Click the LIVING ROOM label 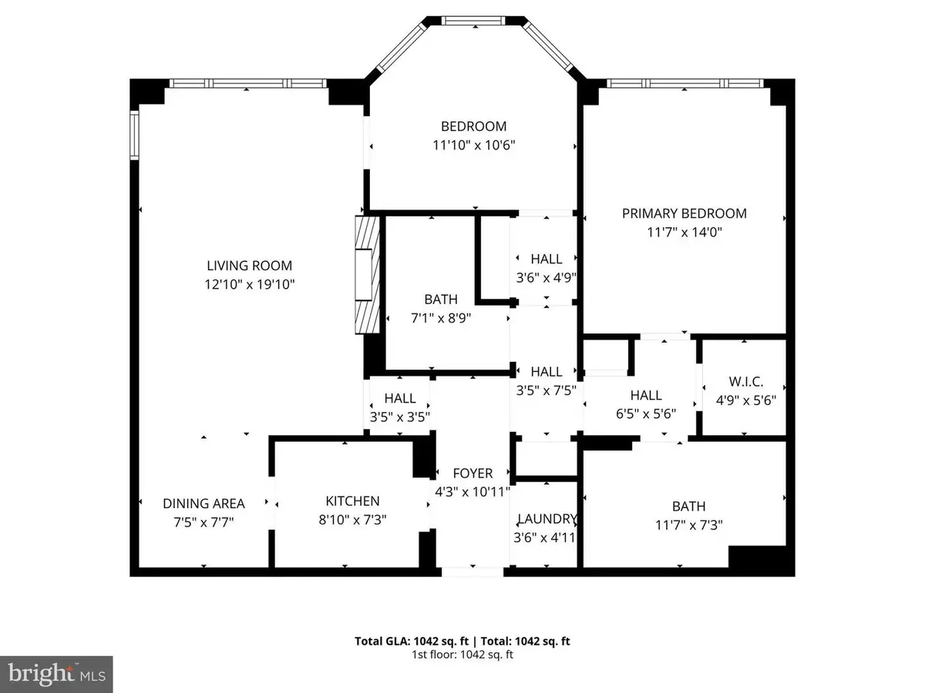249,266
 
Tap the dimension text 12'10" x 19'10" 249,284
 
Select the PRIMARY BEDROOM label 684,213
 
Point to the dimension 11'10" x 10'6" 473,145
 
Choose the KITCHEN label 351,500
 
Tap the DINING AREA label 203,504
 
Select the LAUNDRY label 547,518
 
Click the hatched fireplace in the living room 368,274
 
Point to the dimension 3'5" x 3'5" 400,417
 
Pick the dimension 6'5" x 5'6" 646,413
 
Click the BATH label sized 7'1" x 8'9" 440,299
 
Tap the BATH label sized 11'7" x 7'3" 688,507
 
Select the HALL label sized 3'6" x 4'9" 547,259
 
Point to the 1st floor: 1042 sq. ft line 462,654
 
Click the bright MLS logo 57,674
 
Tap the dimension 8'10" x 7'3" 351,520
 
